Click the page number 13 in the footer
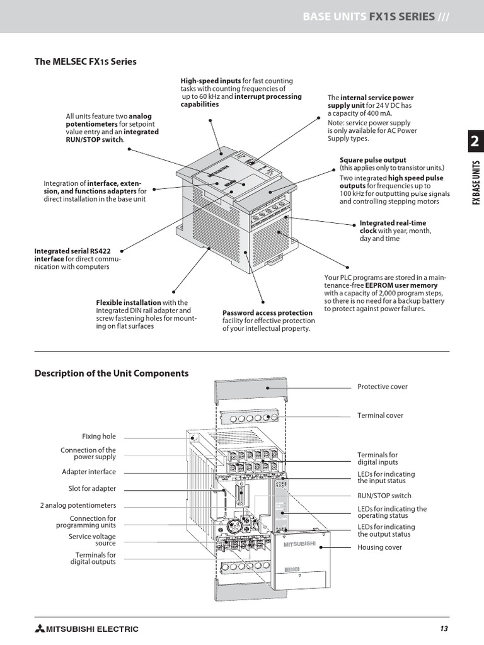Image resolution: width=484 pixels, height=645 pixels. [444, 629]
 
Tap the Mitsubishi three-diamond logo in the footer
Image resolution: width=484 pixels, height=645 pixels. [41, 629]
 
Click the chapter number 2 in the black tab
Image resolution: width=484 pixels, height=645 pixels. [474, 143]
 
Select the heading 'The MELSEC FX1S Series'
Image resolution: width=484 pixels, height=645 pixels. [85, 62]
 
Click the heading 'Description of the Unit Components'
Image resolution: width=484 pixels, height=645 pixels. [111, 373]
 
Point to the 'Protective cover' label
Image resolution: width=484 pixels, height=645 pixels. [382, 387]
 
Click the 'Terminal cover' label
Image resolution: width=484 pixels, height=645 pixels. [380, 416]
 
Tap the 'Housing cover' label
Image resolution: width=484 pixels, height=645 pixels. [379, 547]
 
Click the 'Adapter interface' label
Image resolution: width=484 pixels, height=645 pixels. [88, 472]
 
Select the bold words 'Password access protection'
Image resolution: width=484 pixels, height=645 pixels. [267, 313]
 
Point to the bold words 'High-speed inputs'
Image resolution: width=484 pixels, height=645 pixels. [210, 81]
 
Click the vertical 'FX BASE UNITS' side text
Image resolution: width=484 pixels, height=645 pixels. [476, 183]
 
